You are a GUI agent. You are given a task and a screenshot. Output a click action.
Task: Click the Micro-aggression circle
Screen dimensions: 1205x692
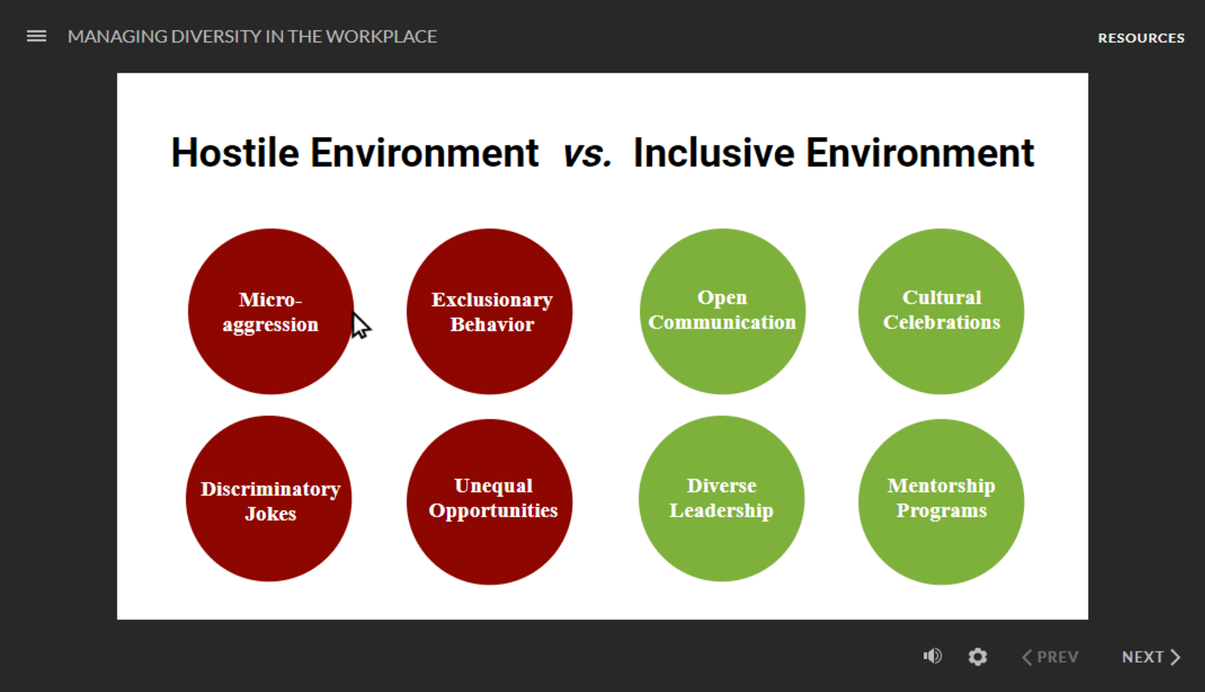pos(270,311)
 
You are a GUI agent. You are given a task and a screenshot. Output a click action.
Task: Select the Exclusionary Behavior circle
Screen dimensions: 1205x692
pos(490,311)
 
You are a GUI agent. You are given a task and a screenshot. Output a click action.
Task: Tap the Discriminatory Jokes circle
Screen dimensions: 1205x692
pos(269,499)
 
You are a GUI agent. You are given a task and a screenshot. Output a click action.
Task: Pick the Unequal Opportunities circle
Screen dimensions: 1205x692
pos(490,502)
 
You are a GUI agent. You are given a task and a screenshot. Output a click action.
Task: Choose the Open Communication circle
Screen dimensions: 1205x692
pos(722,311)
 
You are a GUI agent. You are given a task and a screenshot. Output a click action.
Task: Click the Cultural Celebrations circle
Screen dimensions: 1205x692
pos(941,311)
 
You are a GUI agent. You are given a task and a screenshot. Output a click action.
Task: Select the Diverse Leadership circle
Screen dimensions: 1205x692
pos(722,499)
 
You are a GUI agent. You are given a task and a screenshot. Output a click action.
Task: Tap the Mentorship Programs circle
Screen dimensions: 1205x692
pos(941,502)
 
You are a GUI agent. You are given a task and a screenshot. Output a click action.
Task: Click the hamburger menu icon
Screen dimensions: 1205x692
pos(36,36)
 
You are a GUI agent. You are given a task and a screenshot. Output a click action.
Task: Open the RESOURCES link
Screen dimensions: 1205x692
pos(1141,38)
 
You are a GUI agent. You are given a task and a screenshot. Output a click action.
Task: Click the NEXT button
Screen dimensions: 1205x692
pos(1151,657)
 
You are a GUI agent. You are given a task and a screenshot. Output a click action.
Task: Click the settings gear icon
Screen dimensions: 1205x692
pos(977,657)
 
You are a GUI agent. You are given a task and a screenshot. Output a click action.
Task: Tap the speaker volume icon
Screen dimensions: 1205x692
pos(933,656)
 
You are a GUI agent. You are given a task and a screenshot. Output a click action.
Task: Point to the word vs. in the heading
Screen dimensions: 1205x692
pos(587,153)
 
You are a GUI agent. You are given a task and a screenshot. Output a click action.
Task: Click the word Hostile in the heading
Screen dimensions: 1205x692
pos(235,153)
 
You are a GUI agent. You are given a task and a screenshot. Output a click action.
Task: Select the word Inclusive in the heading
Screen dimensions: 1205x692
pos(714,153)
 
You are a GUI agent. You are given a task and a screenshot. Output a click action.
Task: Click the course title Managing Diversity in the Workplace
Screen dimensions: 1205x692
pos(252,36)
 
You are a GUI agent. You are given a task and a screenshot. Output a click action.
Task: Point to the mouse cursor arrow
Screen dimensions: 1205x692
pos(361,325)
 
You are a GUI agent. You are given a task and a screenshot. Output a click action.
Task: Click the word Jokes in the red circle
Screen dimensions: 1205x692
pos(270,514)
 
